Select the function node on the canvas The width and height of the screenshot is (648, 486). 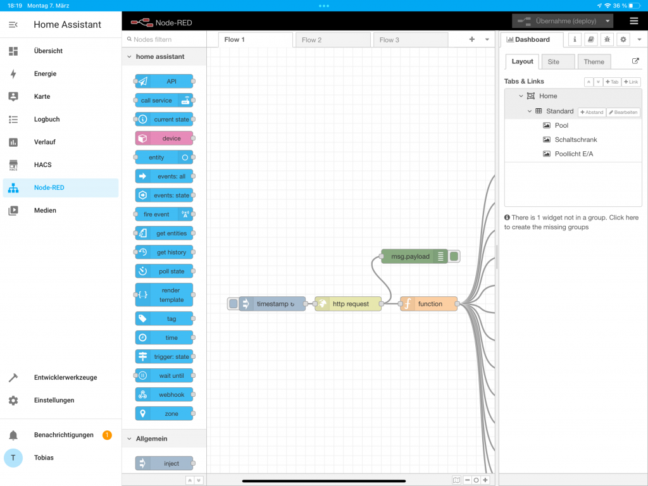click(428, 304)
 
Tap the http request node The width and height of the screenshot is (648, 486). click(348, 304)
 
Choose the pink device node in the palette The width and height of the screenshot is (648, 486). click(164, 139)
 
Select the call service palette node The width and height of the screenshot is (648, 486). click(164, 101)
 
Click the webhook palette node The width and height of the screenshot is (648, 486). click(164, 395)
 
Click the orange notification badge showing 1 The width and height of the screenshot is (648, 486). click(107, 435)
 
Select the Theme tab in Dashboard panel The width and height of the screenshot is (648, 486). click(594, 61)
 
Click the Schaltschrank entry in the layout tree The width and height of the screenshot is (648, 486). click(576, 140)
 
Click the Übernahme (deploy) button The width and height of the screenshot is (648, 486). click(563, 21)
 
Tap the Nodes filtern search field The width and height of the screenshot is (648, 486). click(165, 39)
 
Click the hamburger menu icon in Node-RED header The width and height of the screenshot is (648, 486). click(633, 21)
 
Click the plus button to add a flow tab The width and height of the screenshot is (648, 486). click(472, 39)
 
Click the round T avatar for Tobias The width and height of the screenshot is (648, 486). click(13, 458)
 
